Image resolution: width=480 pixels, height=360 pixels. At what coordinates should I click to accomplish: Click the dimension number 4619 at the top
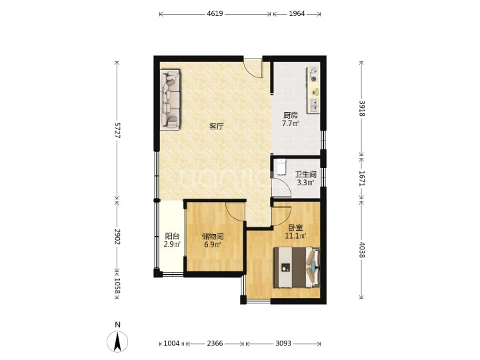pos(215,14)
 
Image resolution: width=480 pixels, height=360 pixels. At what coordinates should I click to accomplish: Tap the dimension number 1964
pos(297,14)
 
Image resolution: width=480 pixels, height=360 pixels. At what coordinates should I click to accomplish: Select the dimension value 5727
pos(117,131)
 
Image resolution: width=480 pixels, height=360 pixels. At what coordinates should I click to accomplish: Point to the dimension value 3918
pos(361,109)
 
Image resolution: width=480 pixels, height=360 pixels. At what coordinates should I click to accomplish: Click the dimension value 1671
pos(361,178)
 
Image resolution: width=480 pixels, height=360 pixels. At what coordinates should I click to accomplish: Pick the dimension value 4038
pos(361,250)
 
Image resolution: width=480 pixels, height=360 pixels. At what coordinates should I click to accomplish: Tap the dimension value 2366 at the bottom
pos(215,343)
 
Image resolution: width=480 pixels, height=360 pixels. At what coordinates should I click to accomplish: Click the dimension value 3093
pos(283,343)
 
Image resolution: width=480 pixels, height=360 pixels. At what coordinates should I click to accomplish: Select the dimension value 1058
pos(117,285)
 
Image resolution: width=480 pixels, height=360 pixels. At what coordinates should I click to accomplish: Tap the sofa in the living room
pos(170,99)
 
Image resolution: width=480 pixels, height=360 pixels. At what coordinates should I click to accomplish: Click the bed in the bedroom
pos(297,267)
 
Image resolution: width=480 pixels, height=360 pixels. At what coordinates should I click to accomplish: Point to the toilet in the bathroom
pos(281,166)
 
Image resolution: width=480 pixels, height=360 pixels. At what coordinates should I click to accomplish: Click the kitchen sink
pos(314,105)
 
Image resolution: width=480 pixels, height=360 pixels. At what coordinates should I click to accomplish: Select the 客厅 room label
pos(217,127)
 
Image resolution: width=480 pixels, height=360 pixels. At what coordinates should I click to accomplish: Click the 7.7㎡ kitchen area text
pos(290,124)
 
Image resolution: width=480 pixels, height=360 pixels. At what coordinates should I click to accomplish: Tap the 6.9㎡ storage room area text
pos(213,245)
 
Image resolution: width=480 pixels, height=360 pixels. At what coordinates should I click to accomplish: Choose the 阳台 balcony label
pos(172,236)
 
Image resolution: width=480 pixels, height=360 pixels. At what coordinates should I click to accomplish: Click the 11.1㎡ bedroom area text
pos(296,236)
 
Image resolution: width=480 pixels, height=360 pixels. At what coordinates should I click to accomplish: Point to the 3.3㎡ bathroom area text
pos(305,183)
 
